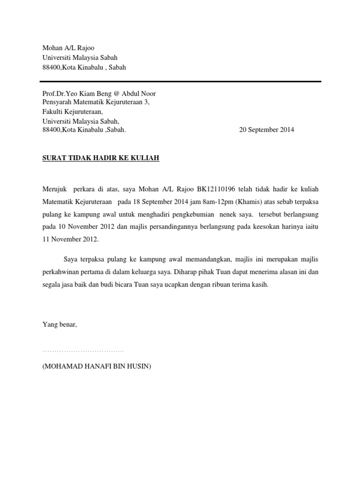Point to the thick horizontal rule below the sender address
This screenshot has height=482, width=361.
click(181, 81)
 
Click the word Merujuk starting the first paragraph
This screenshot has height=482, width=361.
click(54, 189)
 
